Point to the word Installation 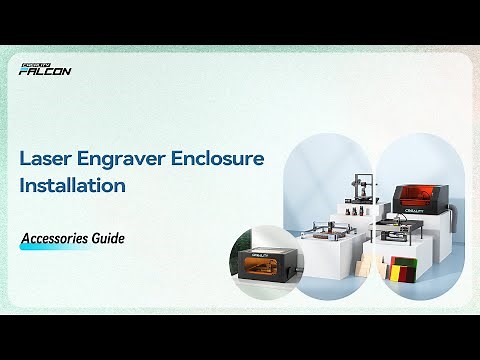pyautogui.click(x=72, y=186)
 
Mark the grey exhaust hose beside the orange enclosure pyautogui.click(x=454, y=215)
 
